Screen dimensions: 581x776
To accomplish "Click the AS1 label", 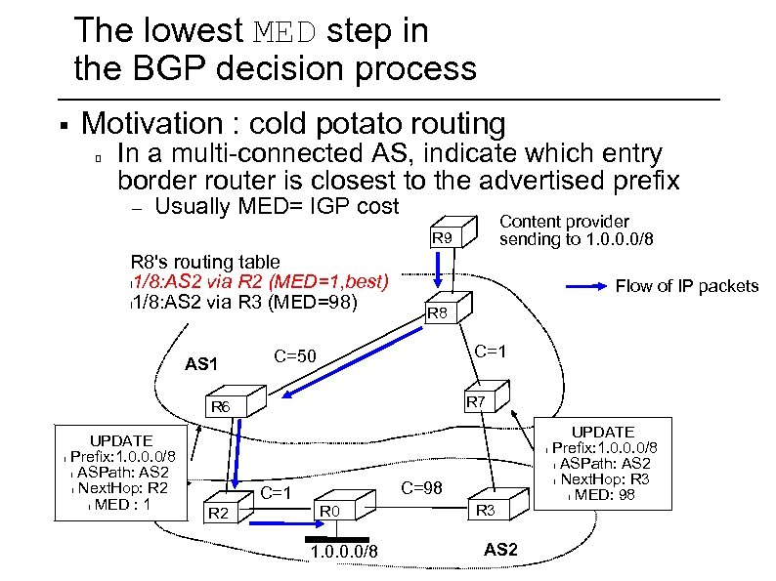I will [202, 364].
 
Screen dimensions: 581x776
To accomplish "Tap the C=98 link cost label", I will [425, 485].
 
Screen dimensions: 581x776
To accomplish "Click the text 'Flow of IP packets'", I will [686, 286].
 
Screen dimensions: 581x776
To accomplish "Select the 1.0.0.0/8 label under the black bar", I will [342, 556].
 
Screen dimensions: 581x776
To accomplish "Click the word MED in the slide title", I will [285, 31].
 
